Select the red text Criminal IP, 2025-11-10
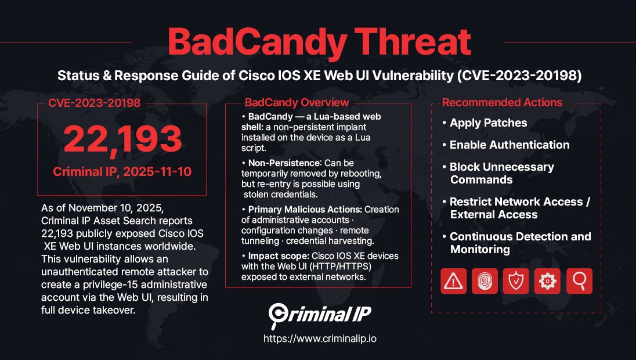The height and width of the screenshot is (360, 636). click(122, 172)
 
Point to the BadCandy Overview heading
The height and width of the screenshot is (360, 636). click(297, 103)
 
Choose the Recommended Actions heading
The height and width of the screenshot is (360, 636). click(502, 103)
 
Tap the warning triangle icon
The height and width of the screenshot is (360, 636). click(454, 281)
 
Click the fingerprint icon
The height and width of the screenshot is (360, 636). click(485, 281)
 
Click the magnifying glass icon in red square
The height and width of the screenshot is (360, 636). click(579, 281)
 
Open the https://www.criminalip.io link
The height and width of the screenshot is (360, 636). click(320, 339)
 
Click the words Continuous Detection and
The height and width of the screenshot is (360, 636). click(520, 237)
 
